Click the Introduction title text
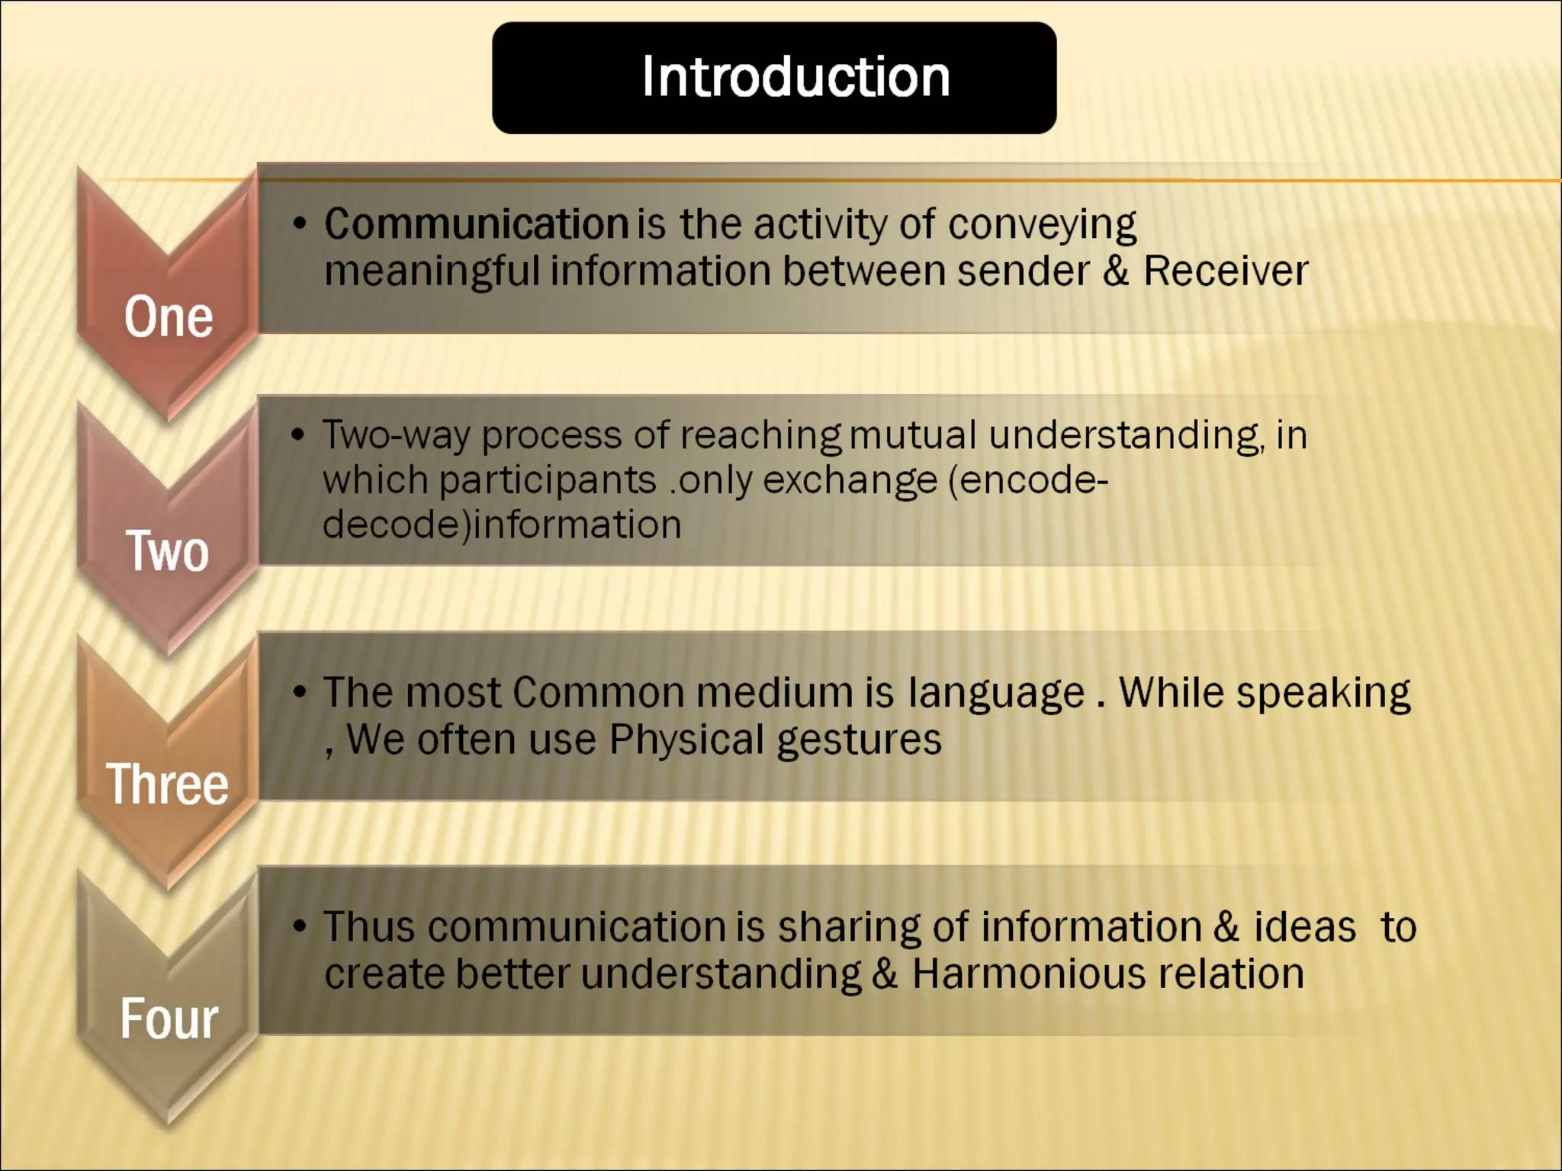point(795,77)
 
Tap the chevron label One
point(169,317)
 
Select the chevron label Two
point(167,550)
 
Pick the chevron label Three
point(167,784)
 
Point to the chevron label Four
point(169,1019)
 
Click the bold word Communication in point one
point(476,224)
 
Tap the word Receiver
point(1225,271)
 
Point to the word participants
point(547,480)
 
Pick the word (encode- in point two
point(1028,480)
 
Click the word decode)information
point(502,525)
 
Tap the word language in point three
point(996,693)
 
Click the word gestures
point(859,740)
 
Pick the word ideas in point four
point(1304,927)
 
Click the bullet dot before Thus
point(300,927)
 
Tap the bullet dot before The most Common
point(300,692)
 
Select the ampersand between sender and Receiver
point(1115,271)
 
